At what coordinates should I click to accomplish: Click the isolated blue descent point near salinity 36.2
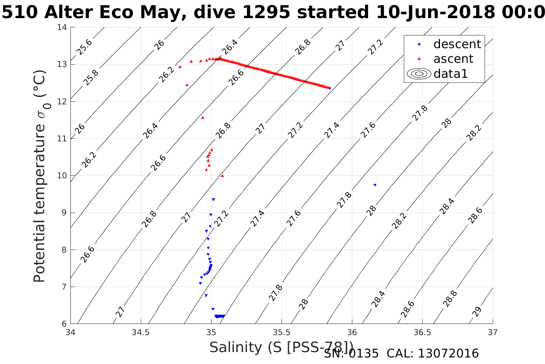coord(375,185)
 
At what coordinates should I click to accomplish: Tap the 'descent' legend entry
coord(457,44)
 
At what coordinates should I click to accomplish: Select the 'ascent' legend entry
coord(453,59)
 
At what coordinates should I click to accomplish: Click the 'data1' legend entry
coord(450,74)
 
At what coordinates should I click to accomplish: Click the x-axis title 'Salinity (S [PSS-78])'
coord(281,347)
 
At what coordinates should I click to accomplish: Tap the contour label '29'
coord(477,312)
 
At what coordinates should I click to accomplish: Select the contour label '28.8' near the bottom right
coord(450,299)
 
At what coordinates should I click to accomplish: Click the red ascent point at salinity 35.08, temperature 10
coord(222,176)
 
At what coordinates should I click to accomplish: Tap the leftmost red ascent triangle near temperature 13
coord(180,67)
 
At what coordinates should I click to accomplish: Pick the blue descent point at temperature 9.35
coord(213,200)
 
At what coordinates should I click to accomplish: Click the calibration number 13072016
coord(448,354)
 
